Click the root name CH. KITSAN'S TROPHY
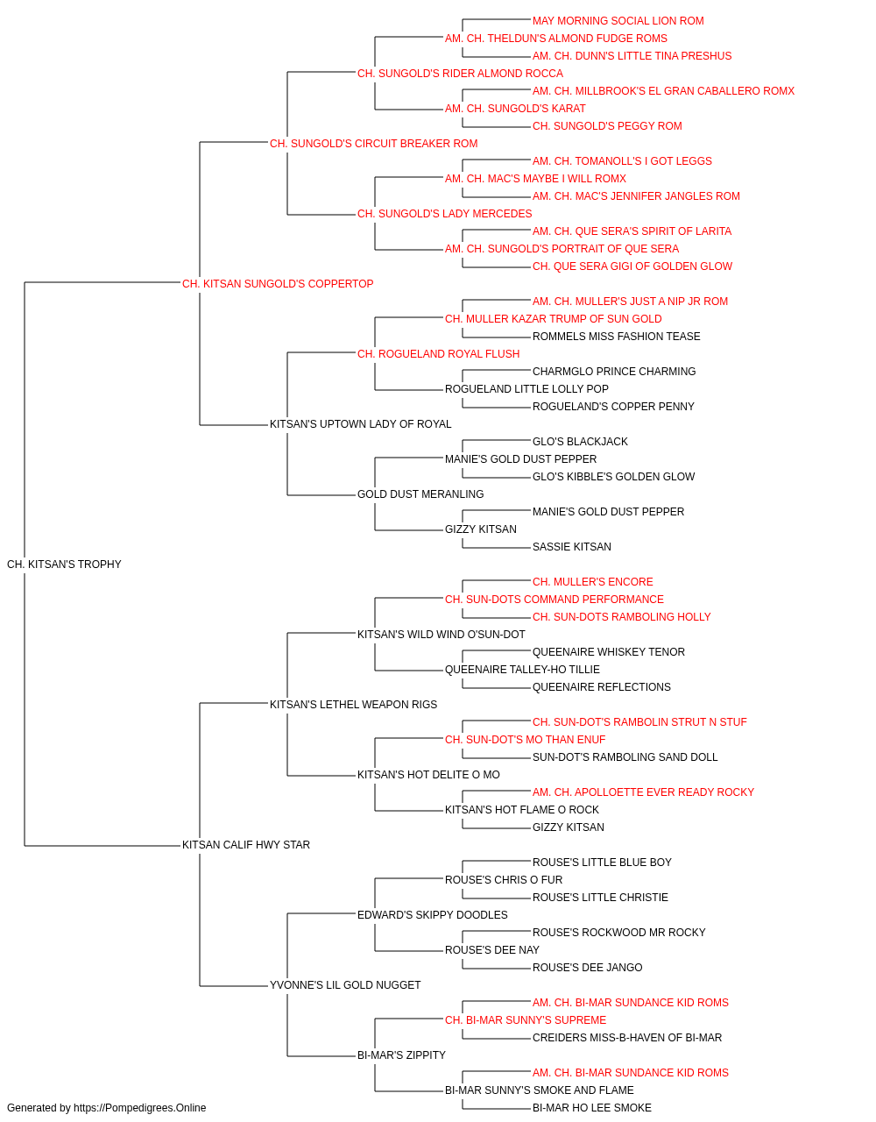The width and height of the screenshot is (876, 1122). click(x=64, y=564)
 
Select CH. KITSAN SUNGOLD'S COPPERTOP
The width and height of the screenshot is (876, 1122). click(x=278, y=283)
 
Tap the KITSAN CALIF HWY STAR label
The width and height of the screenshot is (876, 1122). click(x=246, y=844)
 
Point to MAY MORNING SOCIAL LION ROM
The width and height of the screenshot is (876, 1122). click(x=618, y=21)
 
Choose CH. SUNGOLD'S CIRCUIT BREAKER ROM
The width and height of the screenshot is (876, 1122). click(x=373, y=144)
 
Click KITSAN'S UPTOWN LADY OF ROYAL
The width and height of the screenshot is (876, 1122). click(x=361, y=424)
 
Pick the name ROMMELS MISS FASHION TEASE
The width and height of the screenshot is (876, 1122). click(x=617, y=336)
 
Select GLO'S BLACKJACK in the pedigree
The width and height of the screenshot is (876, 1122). click(x=580, y=442)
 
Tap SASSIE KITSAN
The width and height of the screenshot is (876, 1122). click(x=572, y=546)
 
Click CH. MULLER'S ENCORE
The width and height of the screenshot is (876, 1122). click(x=593, y=581)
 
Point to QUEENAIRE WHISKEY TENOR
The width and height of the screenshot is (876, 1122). click(x=609, y=651)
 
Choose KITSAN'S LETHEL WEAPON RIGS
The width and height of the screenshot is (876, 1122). click(x=353, y=704)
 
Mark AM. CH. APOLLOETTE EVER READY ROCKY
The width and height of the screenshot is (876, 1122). click(x=643, y=792)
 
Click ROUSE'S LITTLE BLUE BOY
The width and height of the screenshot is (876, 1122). click(x=602, y=862)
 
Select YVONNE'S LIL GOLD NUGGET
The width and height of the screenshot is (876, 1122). click(x=345, y=984)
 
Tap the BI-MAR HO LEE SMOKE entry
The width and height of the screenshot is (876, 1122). click(x=592, y=1107)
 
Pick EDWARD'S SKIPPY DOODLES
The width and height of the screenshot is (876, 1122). click(x=433, y=914)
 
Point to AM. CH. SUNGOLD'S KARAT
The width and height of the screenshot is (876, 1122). click(x=515, y=109)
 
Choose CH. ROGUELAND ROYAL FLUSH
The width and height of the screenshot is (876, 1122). click(x=439, y=353)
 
